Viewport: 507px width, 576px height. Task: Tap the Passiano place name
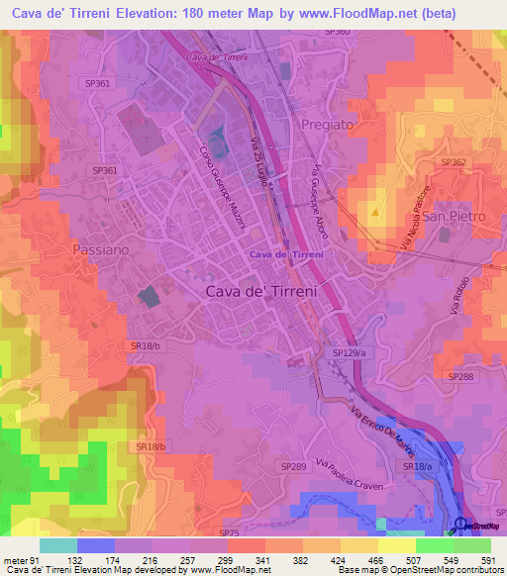pos(100,250)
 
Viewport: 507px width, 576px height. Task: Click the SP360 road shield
pos(337,33)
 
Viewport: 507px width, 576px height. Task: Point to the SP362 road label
pos(453,162)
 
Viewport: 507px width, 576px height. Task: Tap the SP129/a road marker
pos(350,352)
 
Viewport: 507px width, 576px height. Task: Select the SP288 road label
pos(461,377)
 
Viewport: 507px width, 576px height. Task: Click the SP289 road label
pos(293,465)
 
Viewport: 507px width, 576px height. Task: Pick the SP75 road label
pos(229,532)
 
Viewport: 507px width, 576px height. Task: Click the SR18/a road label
pos(419,465)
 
